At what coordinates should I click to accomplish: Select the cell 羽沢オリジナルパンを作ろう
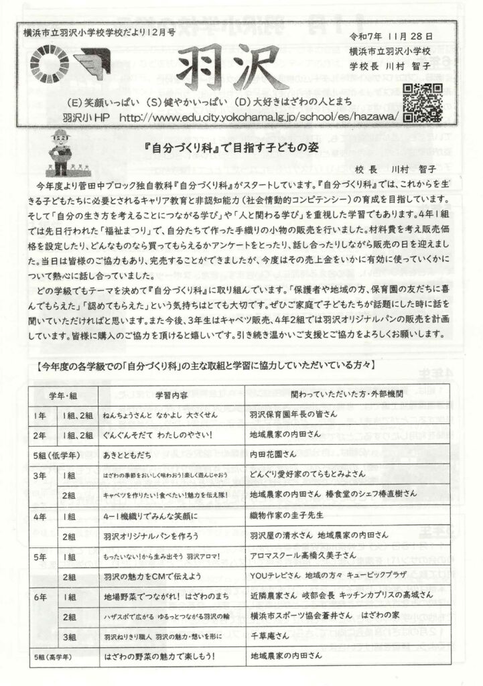(x=151, y=536)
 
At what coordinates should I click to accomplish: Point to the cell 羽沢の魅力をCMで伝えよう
(x=153, y=576)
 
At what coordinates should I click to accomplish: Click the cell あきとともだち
(x=129, y=455)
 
